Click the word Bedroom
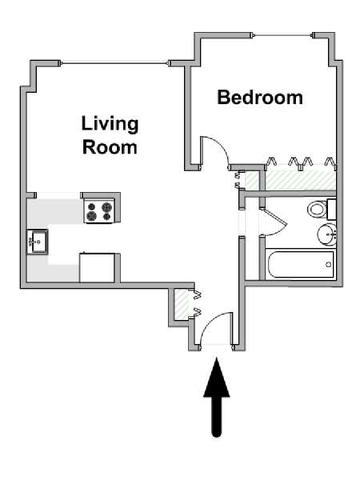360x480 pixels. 260,98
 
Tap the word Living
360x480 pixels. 110,124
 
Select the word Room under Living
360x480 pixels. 110,147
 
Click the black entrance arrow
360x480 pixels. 217,397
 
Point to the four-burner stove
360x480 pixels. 99,211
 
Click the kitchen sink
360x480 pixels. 38,242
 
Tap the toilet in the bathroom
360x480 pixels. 318,210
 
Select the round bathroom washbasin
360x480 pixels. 326,234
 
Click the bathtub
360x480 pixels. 300,265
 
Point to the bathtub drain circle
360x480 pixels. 329,265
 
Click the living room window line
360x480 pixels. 114,63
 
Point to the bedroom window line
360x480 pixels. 283,35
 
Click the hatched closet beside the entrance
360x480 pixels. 182,305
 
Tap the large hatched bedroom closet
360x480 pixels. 300,181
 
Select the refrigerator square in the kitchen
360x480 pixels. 97,267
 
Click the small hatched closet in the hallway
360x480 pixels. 253,181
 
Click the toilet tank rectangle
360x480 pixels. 331,209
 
